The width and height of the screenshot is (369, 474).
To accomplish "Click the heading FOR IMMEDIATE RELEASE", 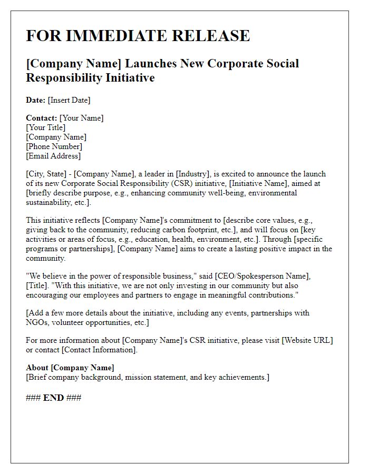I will click(x=138, y=36).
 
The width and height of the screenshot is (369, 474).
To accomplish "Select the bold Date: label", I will click(x=36, y=100).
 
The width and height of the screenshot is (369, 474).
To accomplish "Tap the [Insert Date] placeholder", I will click(x=69, y=100).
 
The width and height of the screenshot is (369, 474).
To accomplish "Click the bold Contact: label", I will click(x=42, y=118).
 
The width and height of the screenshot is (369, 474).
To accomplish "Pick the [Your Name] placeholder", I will click(x=82, y=118).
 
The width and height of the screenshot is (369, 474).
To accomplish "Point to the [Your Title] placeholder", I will click(x=46, y=127).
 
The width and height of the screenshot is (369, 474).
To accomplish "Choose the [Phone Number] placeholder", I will click(x=54, y=146).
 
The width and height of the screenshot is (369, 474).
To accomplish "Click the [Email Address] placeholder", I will click(x=53, y=156).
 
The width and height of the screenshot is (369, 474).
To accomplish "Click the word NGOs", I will click(x=38, y=322).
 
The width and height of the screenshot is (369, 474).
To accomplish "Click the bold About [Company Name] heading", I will click(x=70, y=368).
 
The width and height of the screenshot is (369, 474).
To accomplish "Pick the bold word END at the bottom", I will click(x=53, y=398).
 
